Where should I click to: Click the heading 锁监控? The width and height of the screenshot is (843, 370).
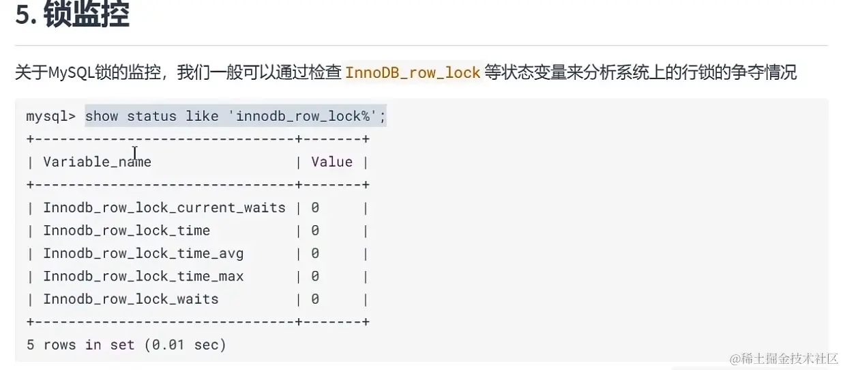(x=87, y=14)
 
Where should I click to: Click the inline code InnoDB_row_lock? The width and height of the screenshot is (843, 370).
(x=413, y=72)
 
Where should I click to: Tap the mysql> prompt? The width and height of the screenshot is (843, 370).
(x=50, y=116)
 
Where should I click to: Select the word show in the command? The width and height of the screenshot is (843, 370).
(x=102, y=116)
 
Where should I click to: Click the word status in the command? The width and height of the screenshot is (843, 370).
(x=151, y=116)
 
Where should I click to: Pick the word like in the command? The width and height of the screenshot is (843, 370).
(x=202, y=116)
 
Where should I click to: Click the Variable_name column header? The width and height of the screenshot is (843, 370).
(x=97, y=162)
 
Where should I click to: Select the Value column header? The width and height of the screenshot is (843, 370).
(x=332, y=162)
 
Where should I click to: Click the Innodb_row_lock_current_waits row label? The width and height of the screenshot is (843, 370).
(x=164, y=208)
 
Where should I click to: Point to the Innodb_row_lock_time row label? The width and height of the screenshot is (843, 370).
(x=126, y=231)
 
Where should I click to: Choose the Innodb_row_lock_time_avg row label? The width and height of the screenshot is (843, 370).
(x=143, y=253)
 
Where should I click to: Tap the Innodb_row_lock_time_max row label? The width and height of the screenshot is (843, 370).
(x=143, y=276)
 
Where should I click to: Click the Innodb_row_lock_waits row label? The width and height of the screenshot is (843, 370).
(x=130, y=299)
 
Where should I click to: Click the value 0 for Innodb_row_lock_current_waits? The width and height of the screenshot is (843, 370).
(x=315, y=208)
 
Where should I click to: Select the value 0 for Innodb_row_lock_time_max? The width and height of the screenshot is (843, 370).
(x=315, y=276)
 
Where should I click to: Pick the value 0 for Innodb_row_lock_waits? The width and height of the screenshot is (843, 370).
(x=315, y=299)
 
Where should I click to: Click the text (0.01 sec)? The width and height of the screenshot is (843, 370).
(x=185, y=345)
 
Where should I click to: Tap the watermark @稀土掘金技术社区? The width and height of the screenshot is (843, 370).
(x=784, y=359)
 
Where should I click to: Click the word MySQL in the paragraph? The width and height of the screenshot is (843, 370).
(x=72, y=72)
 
